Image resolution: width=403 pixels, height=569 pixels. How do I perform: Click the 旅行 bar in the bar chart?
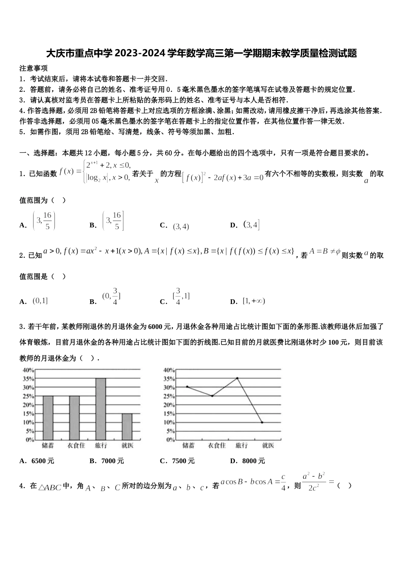pos(101,409)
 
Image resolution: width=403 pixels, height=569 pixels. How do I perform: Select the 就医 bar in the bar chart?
pos(127,426)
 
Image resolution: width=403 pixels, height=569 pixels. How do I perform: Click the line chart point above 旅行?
pos(237,378)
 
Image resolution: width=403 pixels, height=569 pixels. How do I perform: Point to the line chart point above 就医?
pos(262,422)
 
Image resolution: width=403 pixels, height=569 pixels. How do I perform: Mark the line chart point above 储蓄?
pos(187,387)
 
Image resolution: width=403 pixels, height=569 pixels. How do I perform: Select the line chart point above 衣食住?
pos(212,396)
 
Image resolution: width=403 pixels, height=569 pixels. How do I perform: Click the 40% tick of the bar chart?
pos(28,370)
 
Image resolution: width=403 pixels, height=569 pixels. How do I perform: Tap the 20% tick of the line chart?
pos(169,405)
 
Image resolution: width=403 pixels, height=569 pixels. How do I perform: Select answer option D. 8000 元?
pos(247,461)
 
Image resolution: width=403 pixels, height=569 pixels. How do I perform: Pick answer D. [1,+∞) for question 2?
pos(248,301)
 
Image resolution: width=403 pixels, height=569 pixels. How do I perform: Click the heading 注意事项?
pos(34,68)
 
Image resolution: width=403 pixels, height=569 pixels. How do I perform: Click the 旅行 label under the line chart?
pos(241,445)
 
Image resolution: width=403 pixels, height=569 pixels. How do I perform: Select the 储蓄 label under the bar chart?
pos(48,445)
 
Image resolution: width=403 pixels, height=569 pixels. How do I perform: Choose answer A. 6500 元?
pos(37,461)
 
